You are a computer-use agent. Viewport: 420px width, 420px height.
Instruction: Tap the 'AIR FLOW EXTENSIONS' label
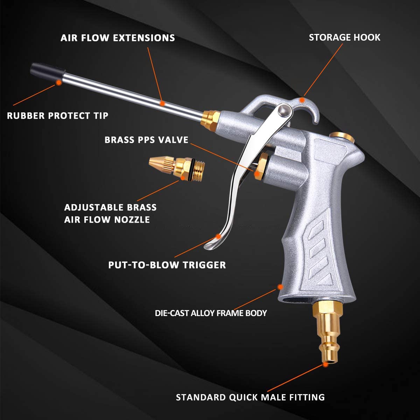point(118,38)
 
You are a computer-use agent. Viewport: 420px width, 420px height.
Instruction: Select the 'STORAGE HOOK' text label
point(344,37)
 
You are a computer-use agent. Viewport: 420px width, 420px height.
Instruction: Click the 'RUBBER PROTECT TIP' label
point(58,115)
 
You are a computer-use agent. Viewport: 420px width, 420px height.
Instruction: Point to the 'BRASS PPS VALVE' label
point(146,140)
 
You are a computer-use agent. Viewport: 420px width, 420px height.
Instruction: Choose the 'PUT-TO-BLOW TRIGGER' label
point(167,265)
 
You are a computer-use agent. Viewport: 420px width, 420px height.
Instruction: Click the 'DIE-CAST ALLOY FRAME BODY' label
point(211,313)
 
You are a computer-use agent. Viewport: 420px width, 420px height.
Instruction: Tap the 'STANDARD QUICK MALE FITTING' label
point(250,397)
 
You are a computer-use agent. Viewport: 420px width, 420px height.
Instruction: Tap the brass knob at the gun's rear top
point(339,136)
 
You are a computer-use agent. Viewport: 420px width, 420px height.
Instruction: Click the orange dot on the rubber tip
point(59,82)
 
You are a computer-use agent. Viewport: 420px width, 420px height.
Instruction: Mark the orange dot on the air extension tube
point(162,103)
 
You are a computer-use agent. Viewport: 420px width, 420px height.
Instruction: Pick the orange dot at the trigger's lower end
point(218,237)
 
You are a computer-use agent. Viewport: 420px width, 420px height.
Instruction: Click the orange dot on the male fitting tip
point(325,364)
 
